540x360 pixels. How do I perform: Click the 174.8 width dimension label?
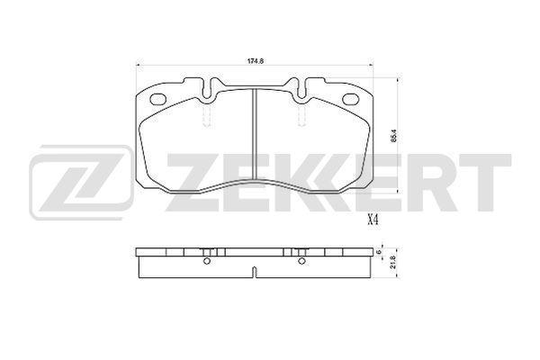click(256, 61)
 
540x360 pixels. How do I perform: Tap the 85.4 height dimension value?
click(395, 135)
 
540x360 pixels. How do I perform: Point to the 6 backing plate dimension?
click(379, 252)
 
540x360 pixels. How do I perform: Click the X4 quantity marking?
click(373, 220)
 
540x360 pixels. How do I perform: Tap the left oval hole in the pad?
click(159, 100)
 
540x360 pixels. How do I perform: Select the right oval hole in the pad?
click(351, 100)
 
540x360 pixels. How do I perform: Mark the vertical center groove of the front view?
click(255, 134)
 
